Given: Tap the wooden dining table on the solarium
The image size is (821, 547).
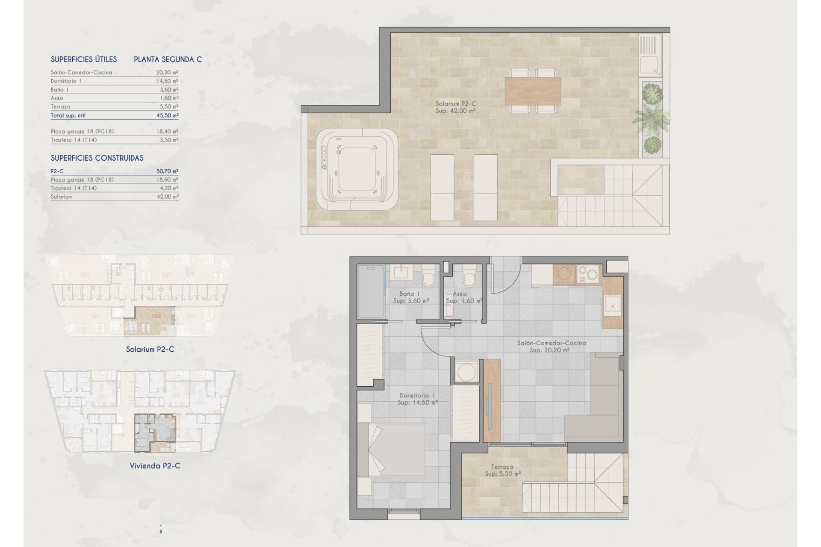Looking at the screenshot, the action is (533, 91).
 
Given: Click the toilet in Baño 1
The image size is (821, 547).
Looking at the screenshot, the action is (428, 276).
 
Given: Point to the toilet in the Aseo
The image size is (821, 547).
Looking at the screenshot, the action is (469, 276).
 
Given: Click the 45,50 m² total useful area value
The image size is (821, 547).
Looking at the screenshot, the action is (167, 115).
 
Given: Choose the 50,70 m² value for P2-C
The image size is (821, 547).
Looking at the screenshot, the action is (167, 171).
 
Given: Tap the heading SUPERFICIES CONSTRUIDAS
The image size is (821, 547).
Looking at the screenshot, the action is (97, 158).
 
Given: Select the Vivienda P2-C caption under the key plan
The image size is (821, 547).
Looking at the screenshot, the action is (155, 466).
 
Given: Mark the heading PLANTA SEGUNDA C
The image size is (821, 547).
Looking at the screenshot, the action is (168, 59).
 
